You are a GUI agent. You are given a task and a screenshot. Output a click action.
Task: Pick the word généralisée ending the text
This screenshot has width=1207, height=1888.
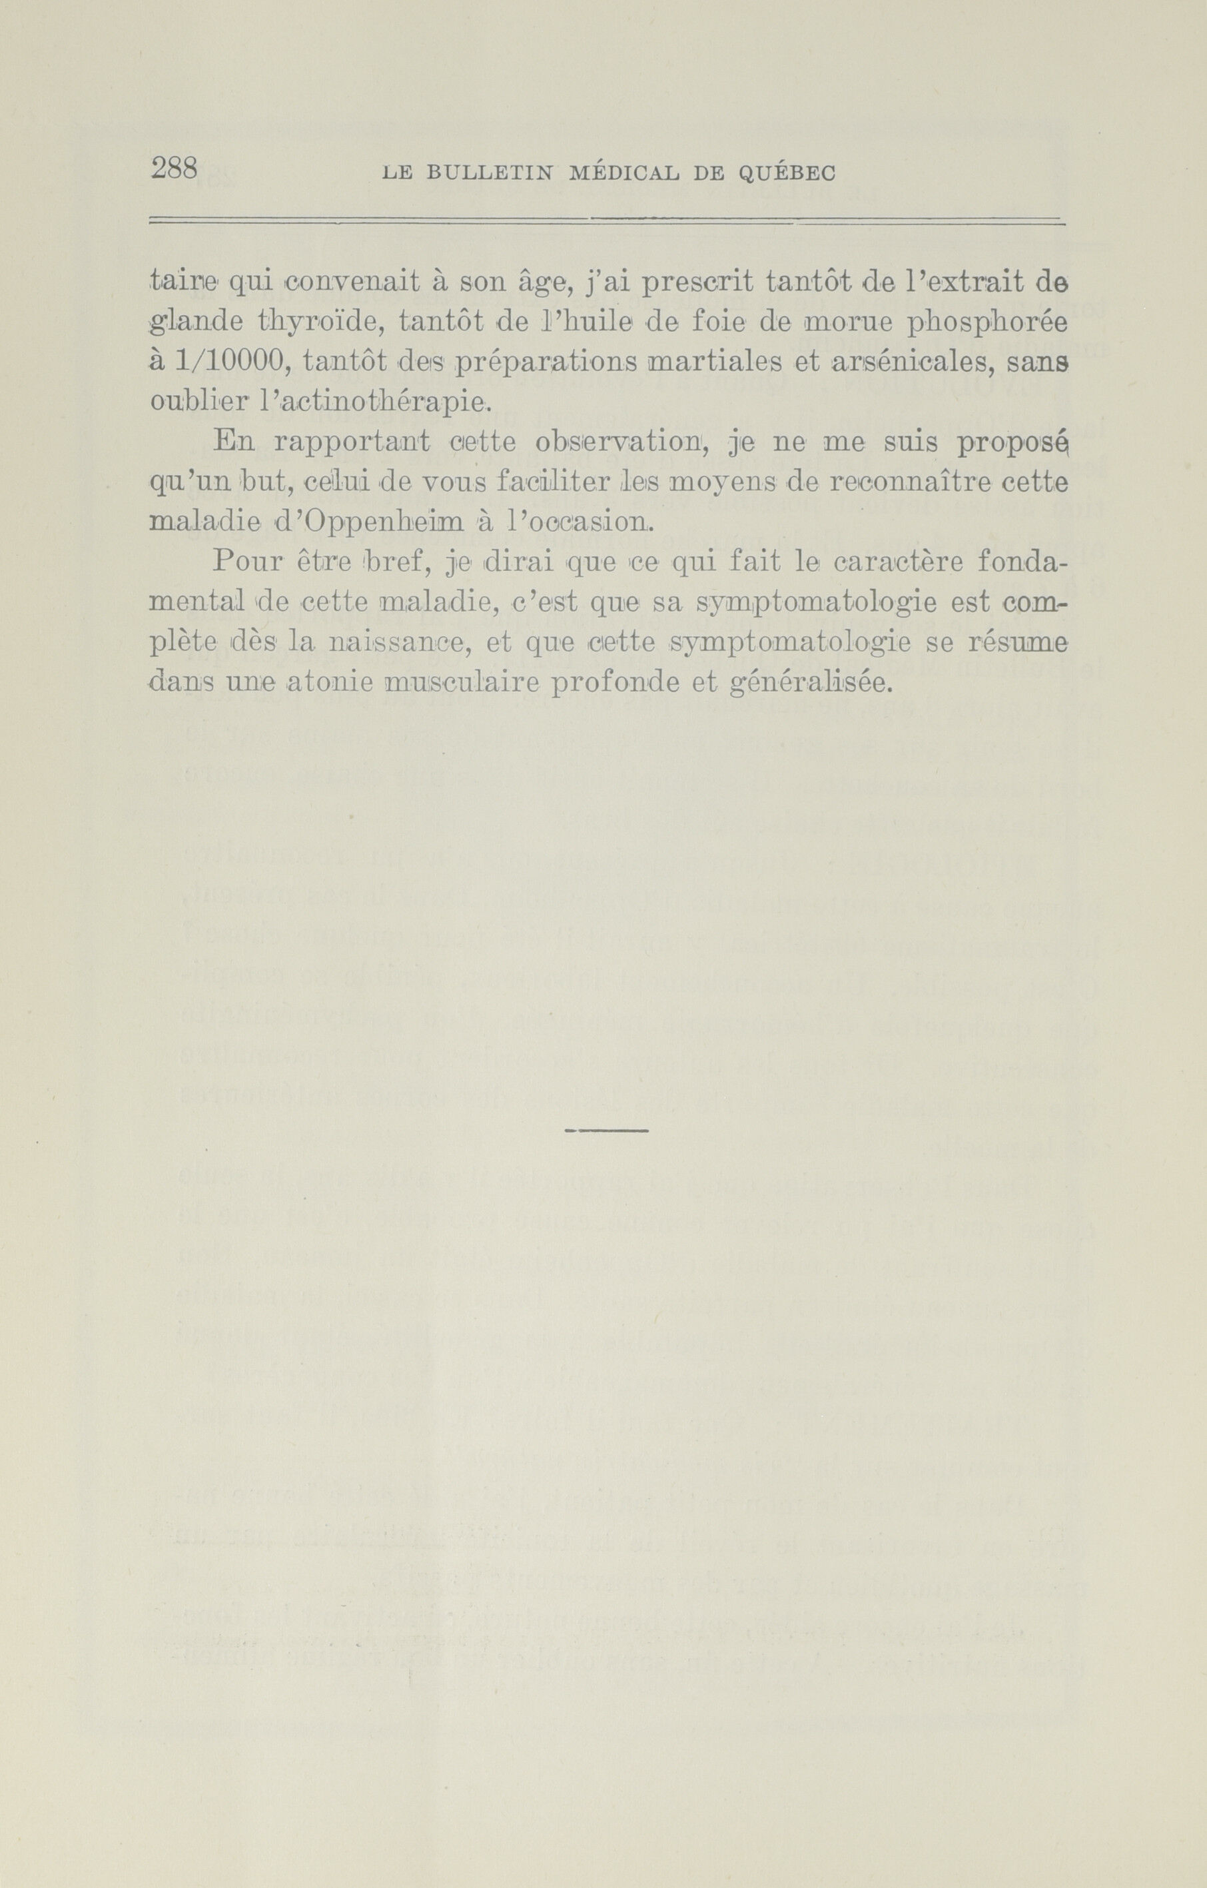pyautogui.click(x=809, y=684)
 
